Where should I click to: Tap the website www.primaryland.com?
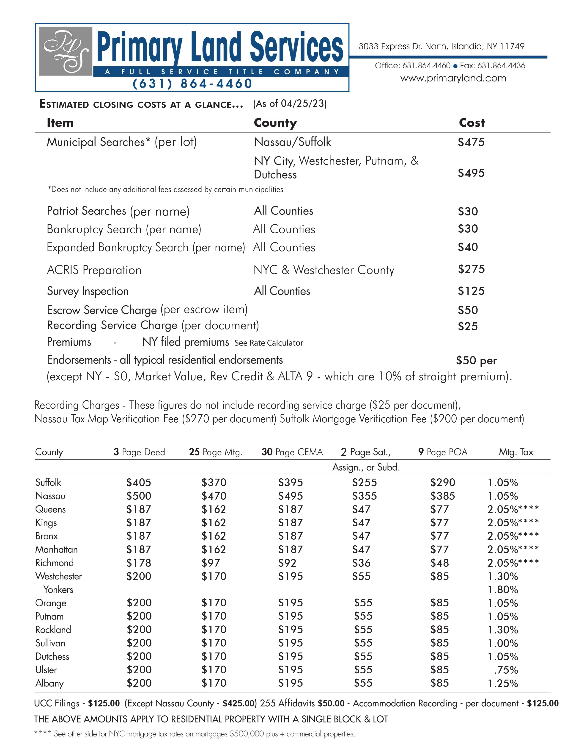tap(453, 78)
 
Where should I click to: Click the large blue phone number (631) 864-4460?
tap(192, 84)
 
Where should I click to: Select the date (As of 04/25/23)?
tap(290, 103)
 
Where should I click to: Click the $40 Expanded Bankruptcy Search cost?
tap(467, 247)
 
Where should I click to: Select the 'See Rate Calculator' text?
tap(269, 343)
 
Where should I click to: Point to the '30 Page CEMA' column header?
tap(292, 452)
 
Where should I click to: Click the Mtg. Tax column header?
tap(515, 452)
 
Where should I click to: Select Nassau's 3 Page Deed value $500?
tap(138, 496)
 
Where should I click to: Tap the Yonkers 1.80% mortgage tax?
tap(502, 590)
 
